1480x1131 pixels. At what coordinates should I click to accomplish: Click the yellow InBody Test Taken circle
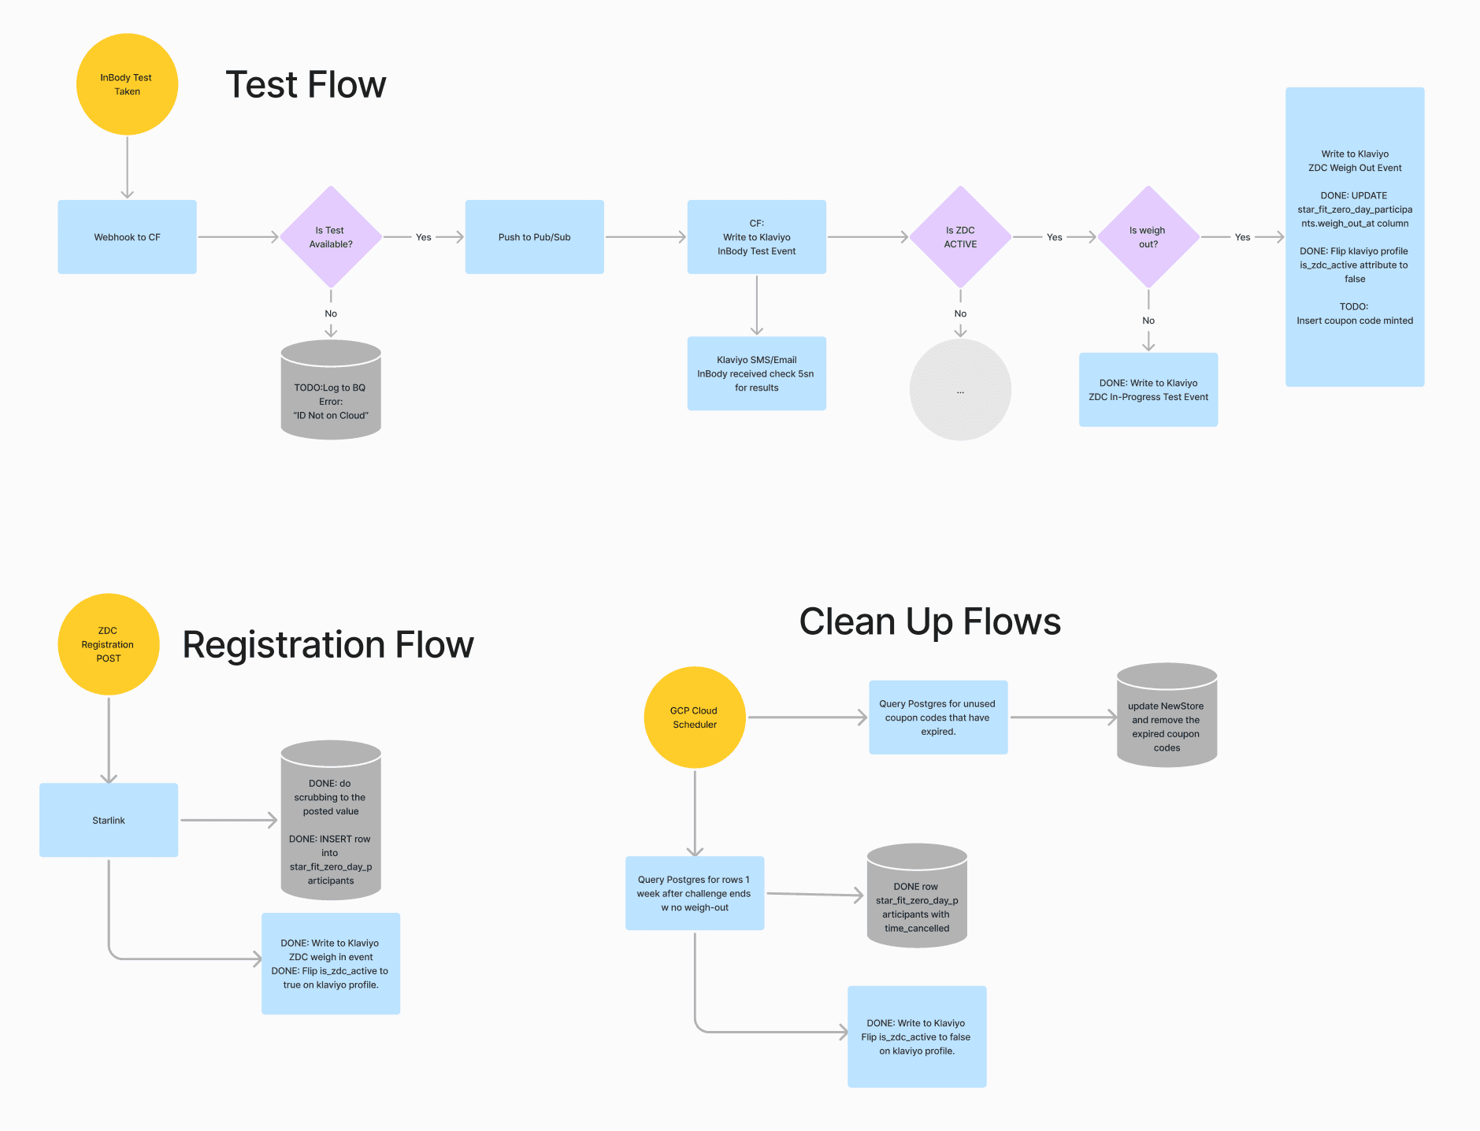click(127, 84)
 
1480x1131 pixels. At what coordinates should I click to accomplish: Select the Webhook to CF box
click(127, 237)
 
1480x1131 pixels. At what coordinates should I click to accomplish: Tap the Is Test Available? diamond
click(331, 237)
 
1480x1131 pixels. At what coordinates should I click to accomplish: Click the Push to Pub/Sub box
click(534, 237)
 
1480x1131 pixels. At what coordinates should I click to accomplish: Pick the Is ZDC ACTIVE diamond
click(960, 237)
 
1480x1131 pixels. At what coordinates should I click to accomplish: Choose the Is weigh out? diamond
click(1148, 237)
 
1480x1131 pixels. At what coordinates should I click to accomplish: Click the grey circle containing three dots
click(960, 390)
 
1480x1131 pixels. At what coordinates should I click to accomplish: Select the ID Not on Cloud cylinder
click(331, 394)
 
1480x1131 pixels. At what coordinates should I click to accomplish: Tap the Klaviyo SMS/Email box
click(756, 373)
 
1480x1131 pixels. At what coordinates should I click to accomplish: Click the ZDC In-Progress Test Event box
click(1148, 390)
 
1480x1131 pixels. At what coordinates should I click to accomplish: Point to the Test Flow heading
click(306, 85)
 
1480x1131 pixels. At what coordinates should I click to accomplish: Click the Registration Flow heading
click(328, 645)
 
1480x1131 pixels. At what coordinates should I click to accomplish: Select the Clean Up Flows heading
click(929, 622)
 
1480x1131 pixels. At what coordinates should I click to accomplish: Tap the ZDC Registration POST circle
click(109, 644)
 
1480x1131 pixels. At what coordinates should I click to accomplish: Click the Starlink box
click(109, 820)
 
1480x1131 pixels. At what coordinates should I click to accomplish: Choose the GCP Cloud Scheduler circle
click(694, 718)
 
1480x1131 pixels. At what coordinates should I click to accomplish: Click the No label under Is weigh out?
click(1148, 321)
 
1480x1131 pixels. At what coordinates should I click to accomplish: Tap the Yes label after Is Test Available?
click(424, 237)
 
